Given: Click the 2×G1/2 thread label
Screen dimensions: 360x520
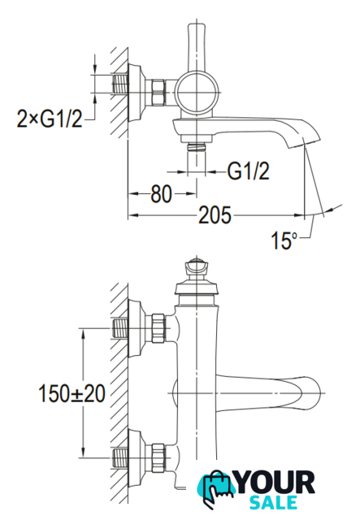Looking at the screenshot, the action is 50,119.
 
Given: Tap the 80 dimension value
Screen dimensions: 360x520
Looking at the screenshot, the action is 161,194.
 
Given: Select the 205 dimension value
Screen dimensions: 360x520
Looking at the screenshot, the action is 215,215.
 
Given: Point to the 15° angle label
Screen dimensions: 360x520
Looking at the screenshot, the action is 284,240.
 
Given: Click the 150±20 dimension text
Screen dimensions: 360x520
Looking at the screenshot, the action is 72,393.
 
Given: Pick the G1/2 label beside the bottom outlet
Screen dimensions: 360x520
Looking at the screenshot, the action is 248,171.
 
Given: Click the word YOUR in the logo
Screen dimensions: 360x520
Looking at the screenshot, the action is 275,483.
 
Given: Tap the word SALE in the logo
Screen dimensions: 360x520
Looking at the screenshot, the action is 273,502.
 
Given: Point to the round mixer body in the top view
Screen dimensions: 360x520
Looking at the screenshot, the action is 197,92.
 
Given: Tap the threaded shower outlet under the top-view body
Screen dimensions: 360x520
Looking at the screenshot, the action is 197,147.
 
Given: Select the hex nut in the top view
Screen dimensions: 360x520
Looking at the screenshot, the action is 158,93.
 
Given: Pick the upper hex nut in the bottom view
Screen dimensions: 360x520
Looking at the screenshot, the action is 158,328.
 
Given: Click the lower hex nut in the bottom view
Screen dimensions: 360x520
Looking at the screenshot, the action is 158,458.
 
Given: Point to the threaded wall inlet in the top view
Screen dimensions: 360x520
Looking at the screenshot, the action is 121,84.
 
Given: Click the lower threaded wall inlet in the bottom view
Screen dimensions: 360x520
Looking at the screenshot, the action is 120,458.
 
